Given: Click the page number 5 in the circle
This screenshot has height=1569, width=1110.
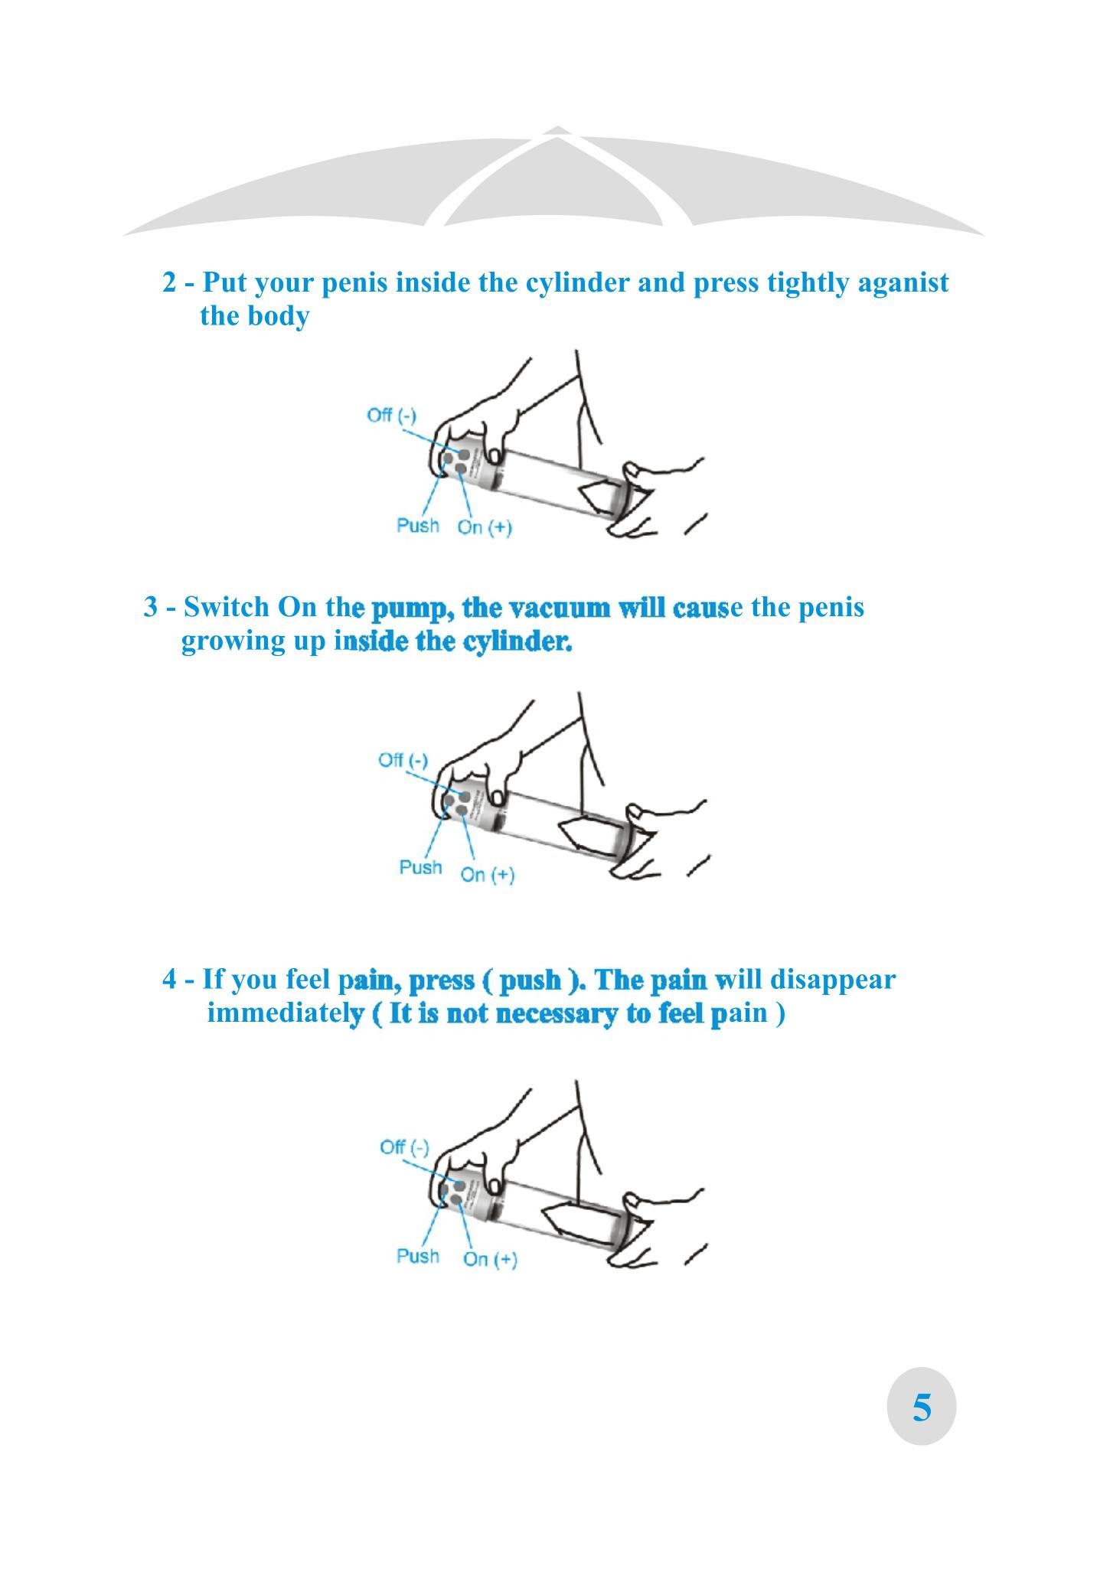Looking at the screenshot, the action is pos(922,1407).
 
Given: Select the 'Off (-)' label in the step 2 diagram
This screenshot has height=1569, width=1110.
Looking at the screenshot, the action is pos(391,415).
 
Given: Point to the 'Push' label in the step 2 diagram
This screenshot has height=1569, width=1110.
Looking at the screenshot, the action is pos(418,525).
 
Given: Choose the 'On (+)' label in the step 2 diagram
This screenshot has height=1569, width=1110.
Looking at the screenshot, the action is pos(485,527).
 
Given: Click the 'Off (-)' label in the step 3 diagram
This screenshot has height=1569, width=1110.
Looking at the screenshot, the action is pos(403,760).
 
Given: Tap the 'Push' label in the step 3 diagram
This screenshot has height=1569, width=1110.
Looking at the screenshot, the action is pos(421,867).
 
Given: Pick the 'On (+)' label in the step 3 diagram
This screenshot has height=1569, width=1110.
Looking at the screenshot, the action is pos(488,874).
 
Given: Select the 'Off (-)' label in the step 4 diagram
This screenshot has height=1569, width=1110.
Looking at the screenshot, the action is pos(404,1147).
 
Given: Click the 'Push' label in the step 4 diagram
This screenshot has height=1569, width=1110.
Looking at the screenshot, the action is pos(418,1256).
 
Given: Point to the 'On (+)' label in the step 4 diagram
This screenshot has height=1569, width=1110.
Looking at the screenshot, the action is pos(491,1259).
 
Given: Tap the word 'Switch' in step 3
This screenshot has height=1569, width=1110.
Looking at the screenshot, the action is pos(227,607).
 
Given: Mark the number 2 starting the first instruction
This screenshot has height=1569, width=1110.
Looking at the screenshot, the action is pos(169,283).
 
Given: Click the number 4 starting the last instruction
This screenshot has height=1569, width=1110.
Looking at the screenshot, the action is pos(169,979).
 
